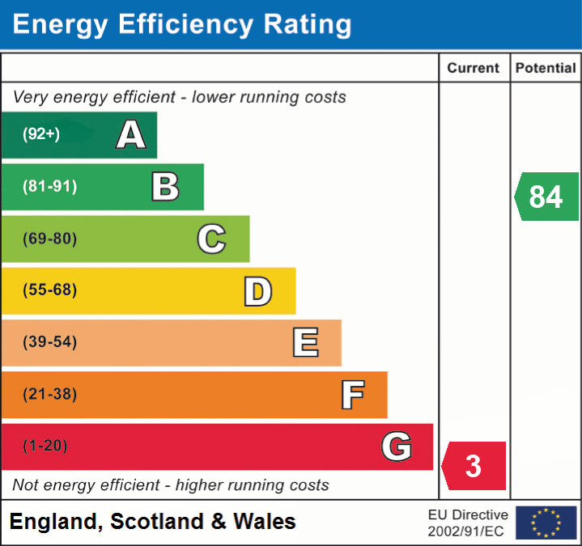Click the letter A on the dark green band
(131, 134)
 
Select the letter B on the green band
(165, 187)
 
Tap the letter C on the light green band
(211, 239)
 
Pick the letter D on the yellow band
(257, 291)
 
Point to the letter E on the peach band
(305, 342)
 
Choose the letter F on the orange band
(352, 395)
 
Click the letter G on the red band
(397, 446)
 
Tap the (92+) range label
(41, 134)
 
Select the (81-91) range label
(50, 187)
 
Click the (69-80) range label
(50, 239)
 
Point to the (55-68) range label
(50, 290)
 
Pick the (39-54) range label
(50, 342)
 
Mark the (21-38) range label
(50, 395)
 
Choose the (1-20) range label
(45, 446)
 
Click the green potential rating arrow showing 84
(546, 197)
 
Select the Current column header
(474, 69)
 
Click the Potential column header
(546, 69)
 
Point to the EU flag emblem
(546, 523)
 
